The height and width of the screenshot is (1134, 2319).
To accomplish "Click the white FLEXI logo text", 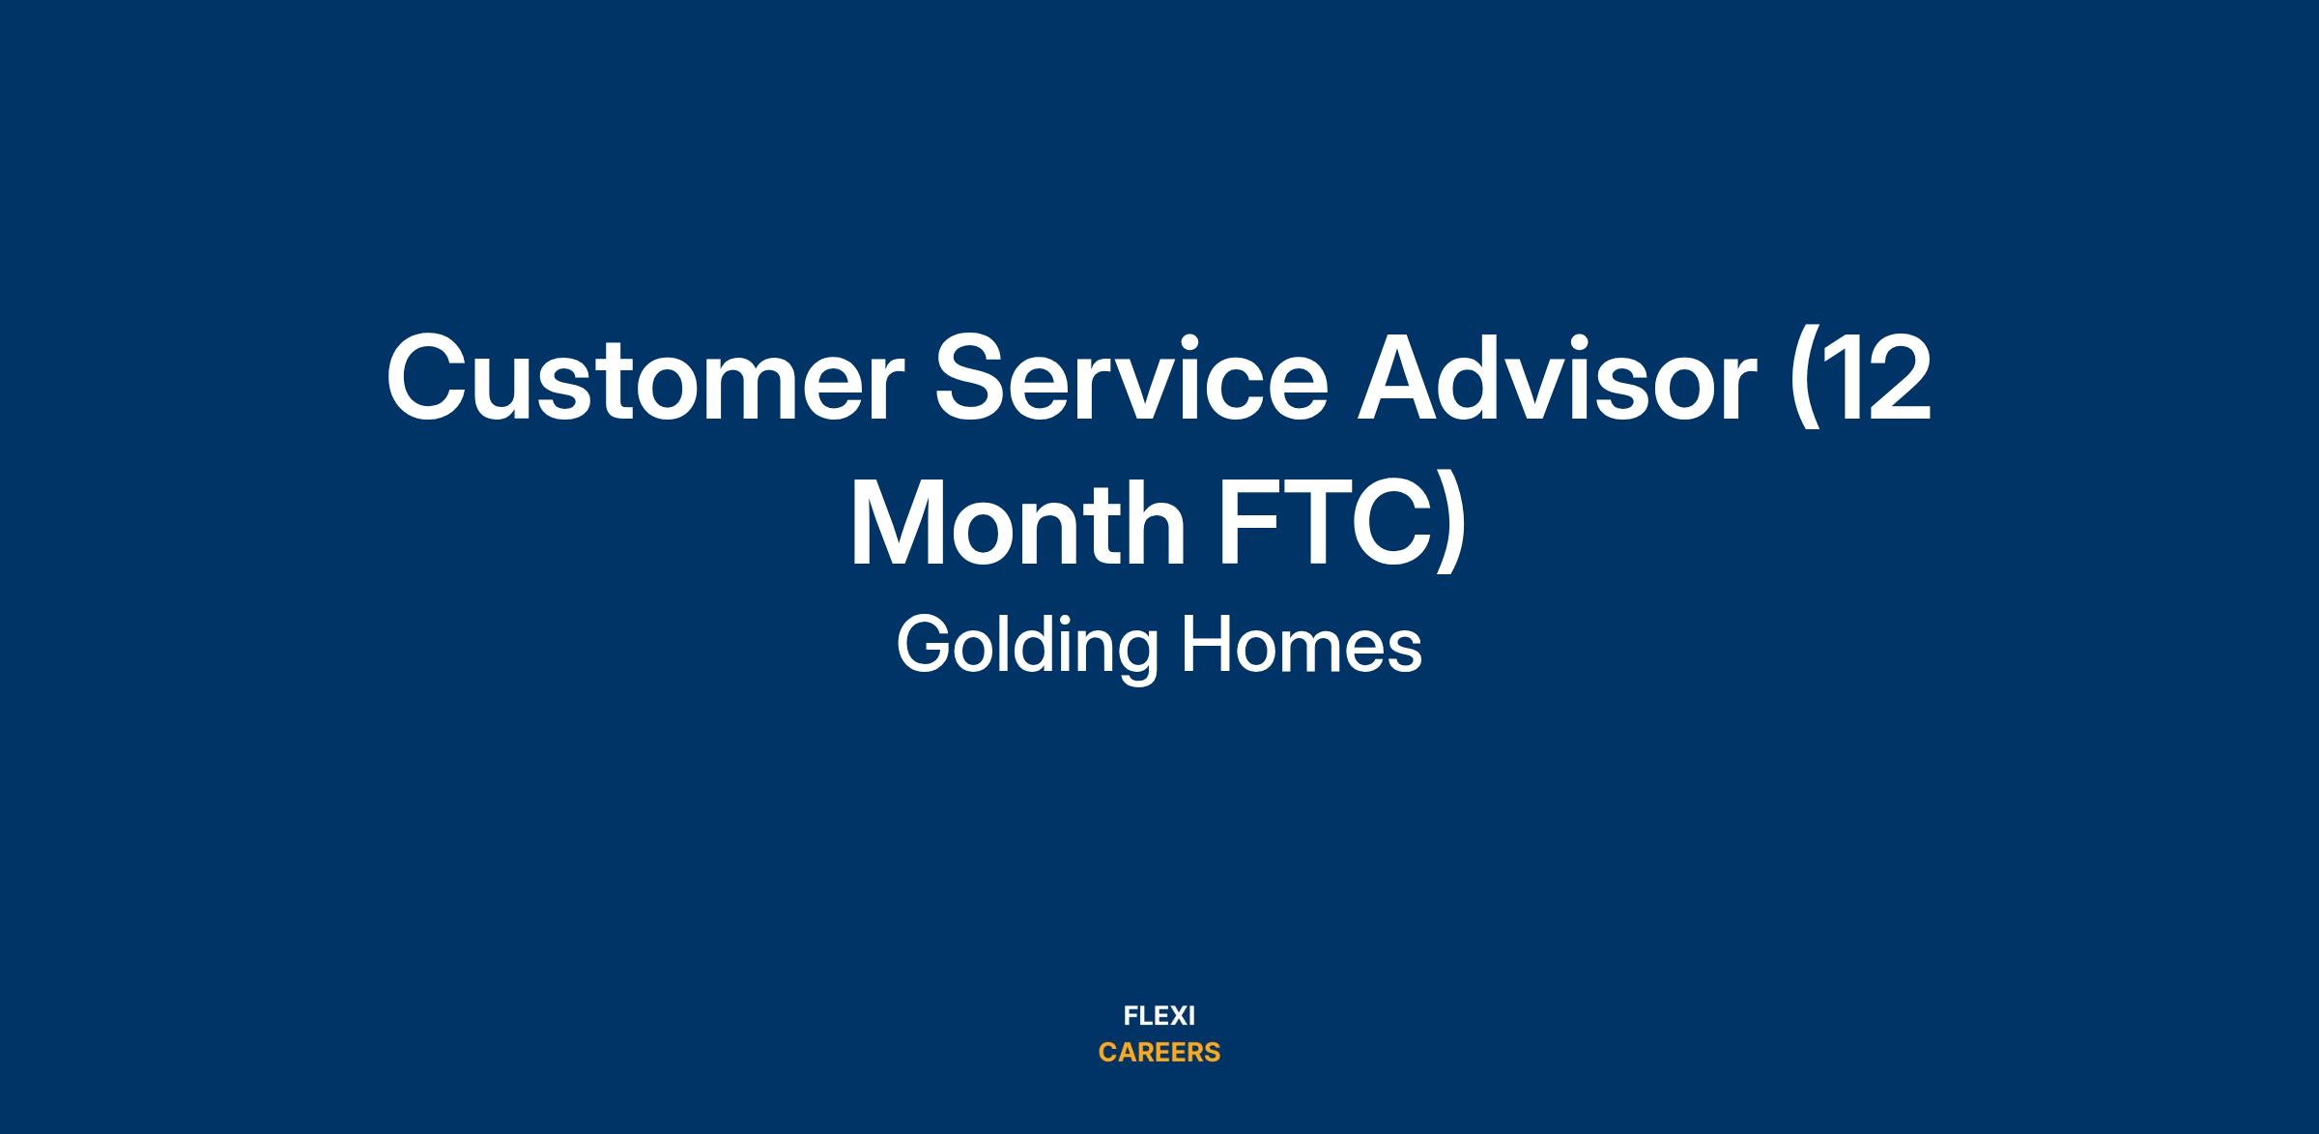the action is (1159, 1016).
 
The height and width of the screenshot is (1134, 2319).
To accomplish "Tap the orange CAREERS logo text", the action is (1159, 1053).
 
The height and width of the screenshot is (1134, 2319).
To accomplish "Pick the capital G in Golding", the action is (926, 645).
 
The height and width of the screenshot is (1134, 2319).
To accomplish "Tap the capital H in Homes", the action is (1208, 645).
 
